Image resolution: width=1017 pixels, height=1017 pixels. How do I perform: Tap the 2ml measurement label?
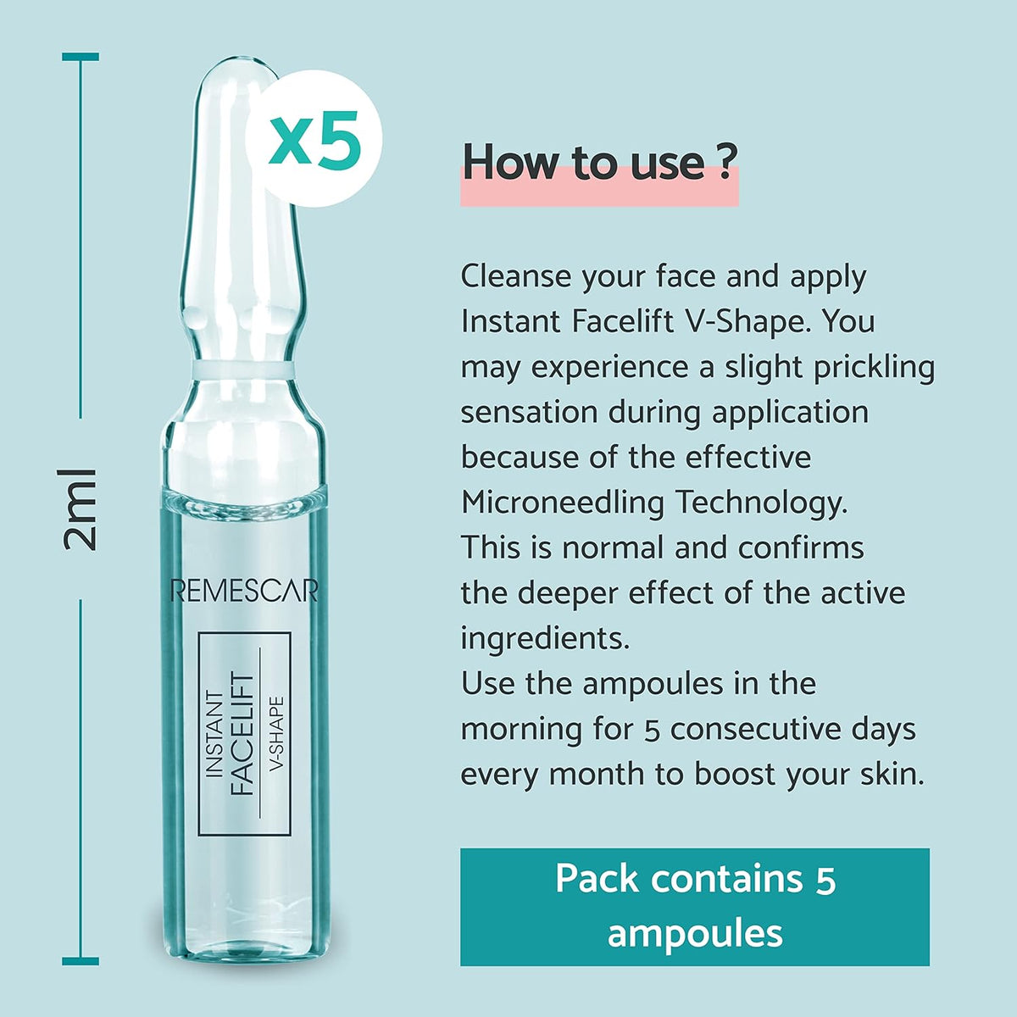coord(82,508)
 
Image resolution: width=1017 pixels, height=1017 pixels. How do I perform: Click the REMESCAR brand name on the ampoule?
coord(243,591)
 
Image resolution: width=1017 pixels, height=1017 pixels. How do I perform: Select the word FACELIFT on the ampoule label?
coord(243,734)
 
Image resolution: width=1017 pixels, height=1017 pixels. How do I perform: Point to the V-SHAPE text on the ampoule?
coord(275,734)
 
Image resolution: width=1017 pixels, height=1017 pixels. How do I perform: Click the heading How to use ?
coord(598,162)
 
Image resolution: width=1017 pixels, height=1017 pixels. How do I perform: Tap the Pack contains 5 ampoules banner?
coord(695,906)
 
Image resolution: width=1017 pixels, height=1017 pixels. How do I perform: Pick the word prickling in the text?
coord(874,367)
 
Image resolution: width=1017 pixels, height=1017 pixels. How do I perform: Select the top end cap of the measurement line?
coord(81,57)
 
